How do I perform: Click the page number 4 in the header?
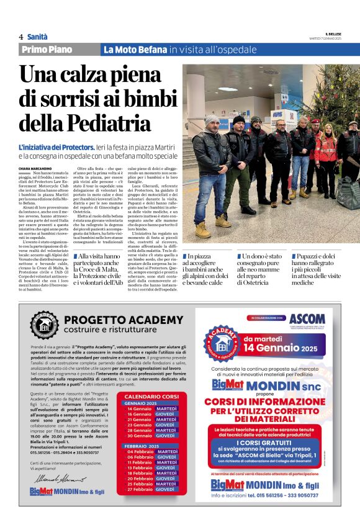tap(21, 37)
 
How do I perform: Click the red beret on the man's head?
tap(315, 122)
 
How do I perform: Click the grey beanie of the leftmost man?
tap(211, 119)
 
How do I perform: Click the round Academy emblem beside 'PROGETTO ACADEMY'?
tap(45, 324)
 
